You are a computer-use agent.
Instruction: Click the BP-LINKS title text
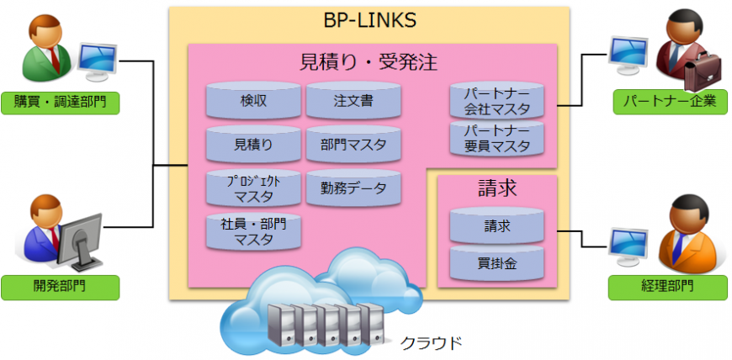point(370,20)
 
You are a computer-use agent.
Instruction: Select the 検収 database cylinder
point(253,101)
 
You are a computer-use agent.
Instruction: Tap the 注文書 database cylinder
point(353,101)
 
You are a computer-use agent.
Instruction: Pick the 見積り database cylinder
point(253,145)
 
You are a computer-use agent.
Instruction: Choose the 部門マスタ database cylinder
point(353,145)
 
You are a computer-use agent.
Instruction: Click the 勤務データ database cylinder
point(353,188)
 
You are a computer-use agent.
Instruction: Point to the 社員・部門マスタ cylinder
point(253,231)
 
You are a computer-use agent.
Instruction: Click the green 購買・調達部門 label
point(60,103)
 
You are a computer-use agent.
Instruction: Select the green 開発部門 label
point(60,288)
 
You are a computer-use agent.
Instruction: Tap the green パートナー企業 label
point(669,103)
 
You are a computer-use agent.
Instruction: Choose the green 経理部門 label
point(669,288)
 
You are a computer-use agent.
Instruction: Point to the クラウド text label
point(430,342)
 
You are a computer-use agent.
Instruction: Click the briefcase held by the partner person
point(700,74)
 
